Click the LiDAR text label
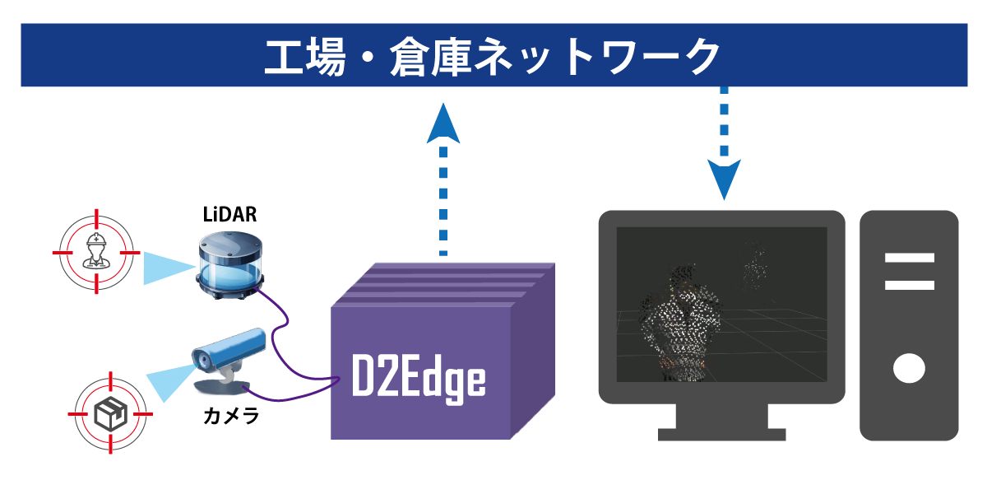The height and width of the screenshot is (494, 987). [x=229, y=214]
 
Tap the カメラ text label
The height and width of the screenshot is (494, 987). [x=231, y=416]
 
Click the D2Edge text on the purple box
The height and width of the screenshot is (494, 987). [x=419, y=380]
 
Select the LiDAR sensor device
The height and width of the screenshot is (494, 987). [x=230, y=265]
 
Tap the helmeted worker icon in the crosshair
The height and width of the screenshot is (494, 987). [x=96, y=251]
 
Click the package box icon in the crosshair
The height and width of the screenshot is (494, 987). [x=110, y=413]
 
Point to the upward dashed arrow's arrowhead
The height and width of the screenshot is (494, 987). [x=443, y=123]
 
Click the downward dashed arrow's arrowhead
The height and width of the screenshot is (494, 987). [x=724, y=179]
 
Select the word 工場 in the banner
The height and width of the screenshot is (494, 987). [x=304, y=58]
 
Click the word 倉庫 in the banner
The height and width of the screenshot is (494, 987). [x=430, y=58]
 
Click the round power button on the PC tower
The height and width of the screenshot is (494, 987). [x=909, y=368]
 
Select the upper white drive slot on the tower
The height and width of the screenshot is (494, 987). [x=910, y=258]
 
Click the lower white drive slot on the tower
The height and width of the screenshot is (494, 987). [x=910, y=285]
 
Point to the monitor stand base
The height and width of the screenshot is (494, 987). [x=722, y=434]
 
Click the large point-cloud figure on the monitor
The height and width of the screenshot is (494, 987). [x=681, y=324]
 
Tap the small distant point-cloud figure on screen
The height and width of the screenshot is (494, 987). [x=754, y=267]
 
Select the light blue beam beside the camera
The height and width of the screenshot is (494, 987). [x=169, y=380]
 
